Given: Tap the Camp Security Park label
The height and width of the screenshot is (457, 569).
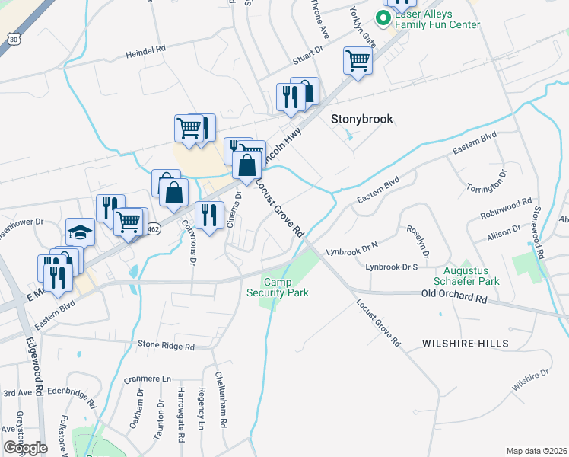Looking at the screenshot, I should [x=285, y=287].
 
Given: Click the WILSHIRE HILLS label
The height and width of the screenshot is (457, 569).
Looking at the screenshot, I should [x=466, y=344].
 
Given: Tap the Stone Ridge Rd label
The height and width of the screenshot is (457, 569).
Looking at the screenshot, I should [x=166, y=345].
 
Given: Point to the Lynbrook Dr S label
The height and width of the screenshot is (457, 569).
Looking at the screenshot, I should [x=392, y=267].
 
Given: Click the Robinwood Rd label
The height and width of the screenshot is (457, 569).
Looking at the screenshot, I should [x=506, y=208].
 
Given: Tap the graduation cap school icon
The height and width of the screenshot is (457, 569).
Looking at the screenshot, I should [x=80, y=232].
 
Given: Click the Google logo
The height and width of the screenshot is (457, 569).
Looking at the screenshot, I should [x=26, y=448].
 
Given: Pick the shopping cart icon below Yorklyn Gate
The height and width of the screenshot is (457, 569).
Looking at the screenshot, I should [x=357, y=60].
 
